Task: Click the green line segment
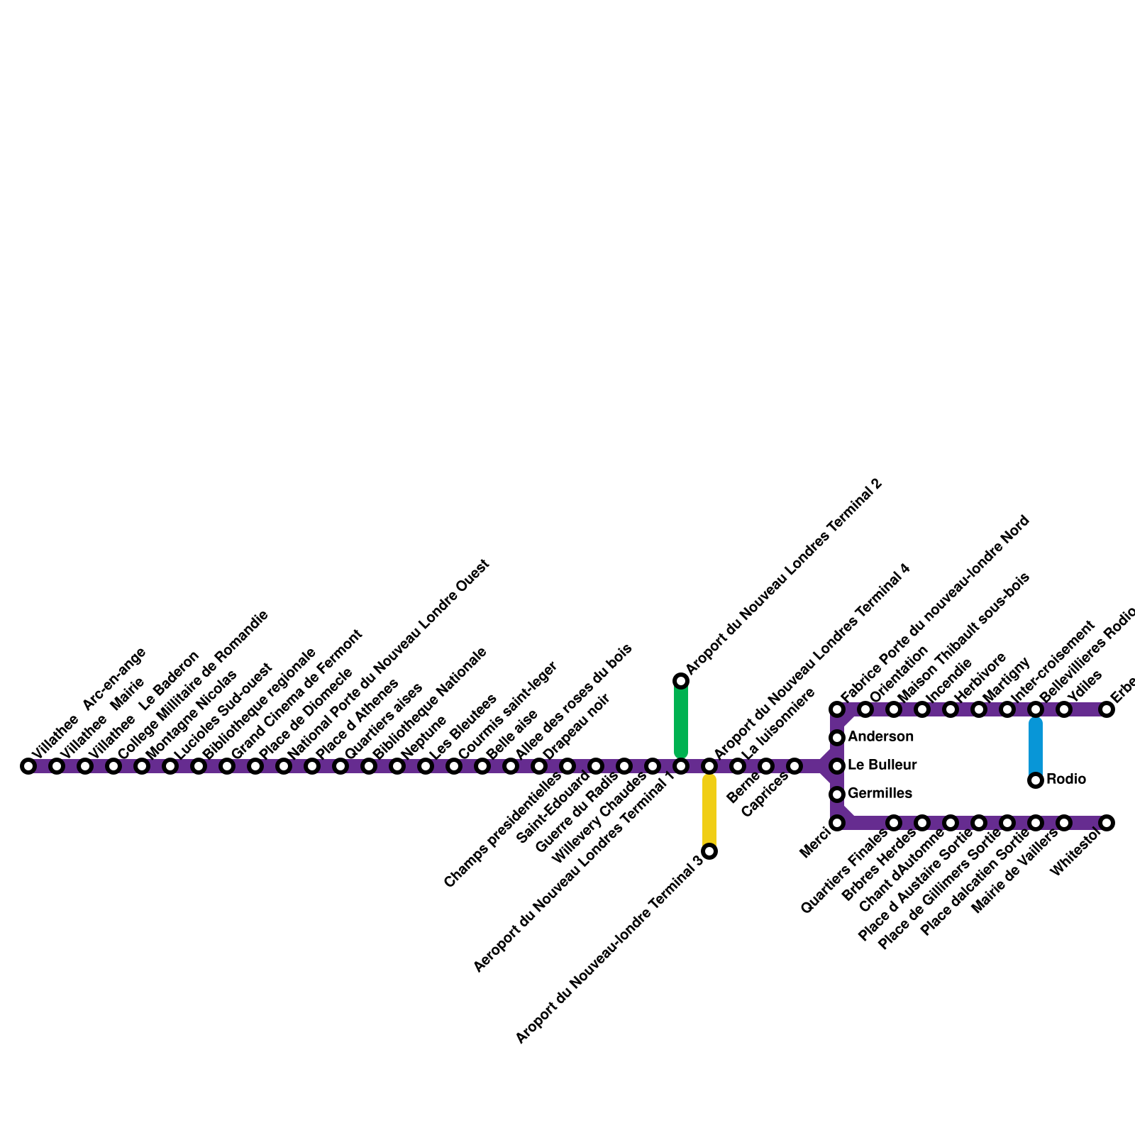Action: click(x=681, y=720)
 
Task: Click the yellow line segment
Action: click(x=709, y=812)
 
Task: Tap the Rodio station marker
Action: click(x=1036, y=780)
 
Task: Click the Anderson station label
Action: click(x=880, y=737)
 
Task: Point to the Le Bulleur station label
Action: click(x=882, y=765)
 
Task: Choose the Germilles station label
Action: click(x=880, y=793)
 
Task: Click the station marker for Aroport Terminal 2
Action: click(x=681, y=681)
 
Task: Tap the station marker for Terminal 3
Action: click(x=709, y=851)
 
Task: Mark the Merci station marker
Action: click(x=837, y=823)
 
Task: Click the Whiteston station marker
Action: click(x=1107, y=823)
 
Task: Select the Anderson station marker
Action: click(x=837, y=738)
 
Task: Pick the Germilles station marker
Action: click(x=837, y=794)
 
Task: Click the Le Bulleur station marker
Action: click(x=837, y=766)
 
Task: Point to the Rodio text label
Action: click(x=1065, y=780)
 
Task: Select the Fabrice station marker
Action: click(x=837, y=709)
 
